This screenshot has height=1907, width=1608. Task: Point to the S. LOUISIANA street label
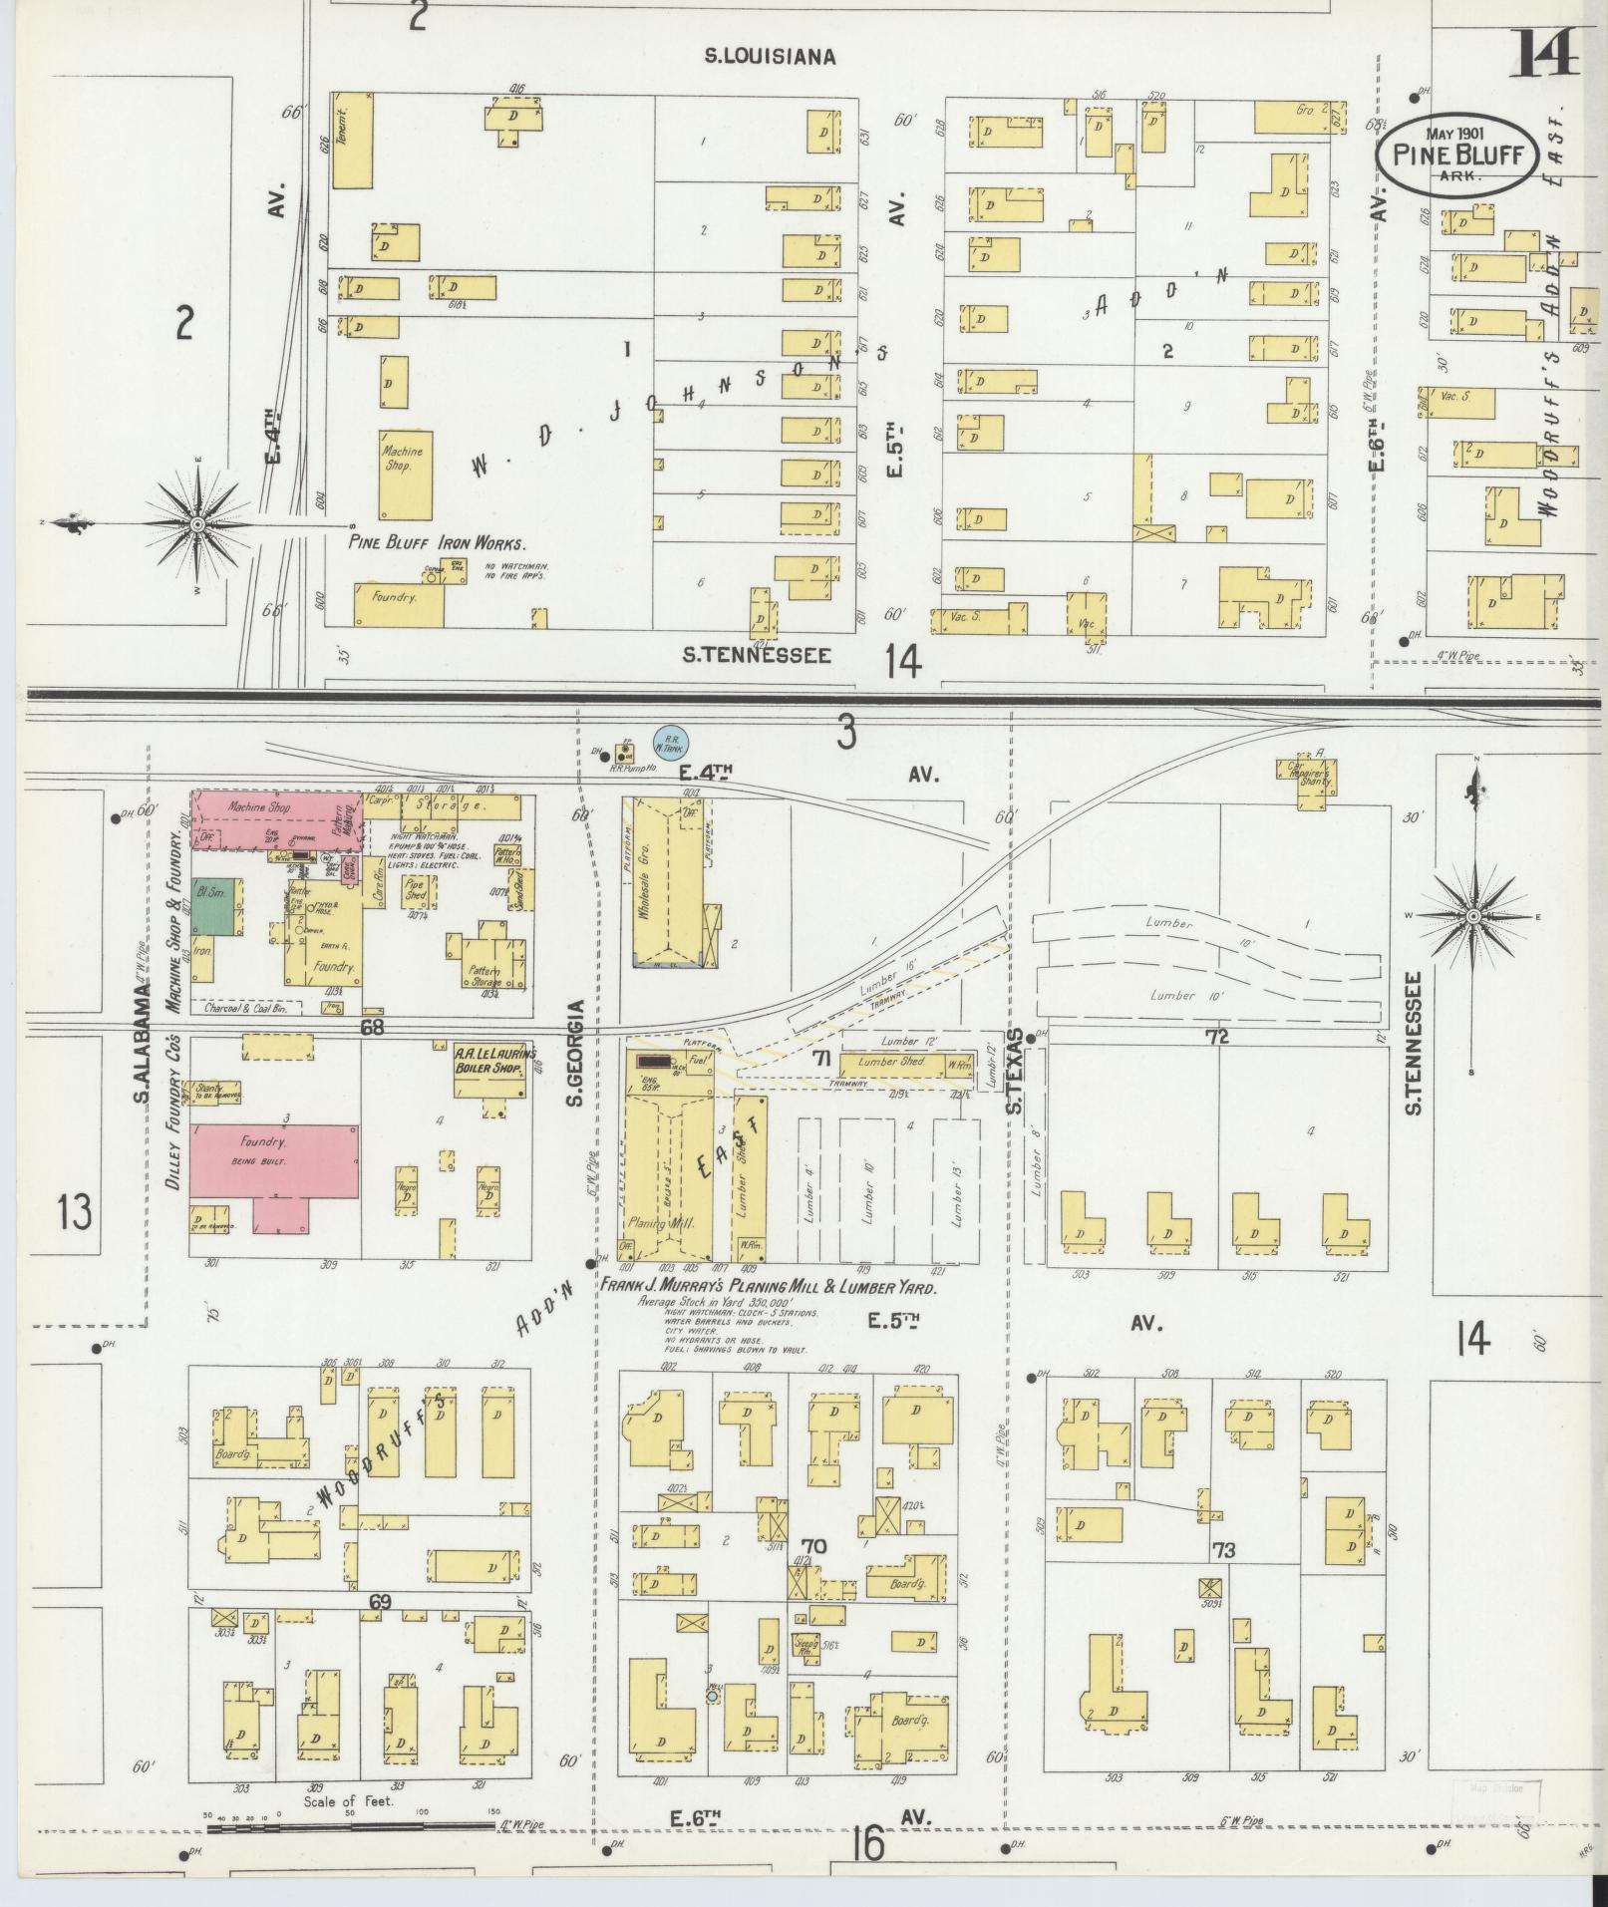coord(770,57)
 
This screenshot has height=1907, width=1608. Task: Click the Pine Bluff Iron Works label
coord(436,543)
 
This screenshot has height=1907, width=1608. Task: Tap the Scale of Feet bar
coord(349,1827)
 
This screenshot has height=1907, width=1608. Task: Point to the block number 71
coord(822,1057)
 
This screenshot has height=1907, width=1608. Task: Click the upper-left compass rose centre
coord(196,524)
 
